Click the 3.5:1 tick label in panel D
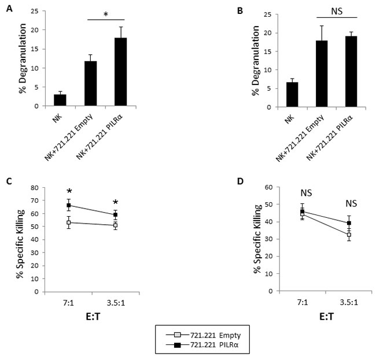click(x=301, y=302)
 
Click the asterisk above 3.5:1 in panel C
click(x=116, y=202)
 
